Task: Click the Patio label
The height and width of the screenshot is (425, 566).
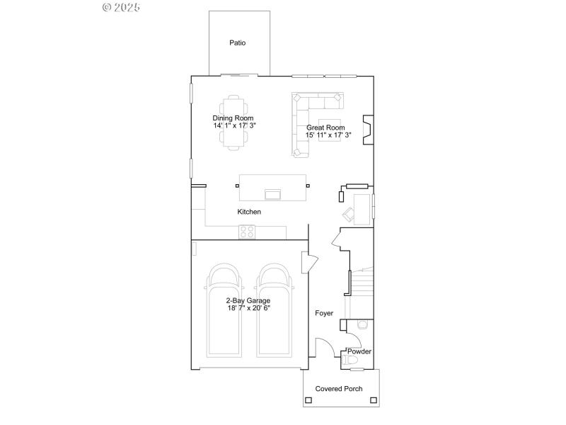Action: (238, 43)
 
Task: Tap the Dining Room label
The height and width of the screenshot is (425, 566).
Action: (233, 118)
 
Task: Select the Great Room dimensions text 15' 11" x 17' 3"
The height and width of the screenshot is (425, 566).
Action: (329, 135)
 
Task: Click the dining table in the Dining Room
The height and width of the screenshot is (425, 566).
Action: (234, 123)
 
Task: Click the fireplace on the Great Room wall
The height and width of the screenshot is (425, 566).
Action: (367, 129)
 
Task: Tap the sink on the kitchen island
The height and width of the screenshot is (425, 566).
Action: (272, 193)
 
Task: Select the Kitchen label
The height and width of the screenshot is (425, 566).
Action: (249, 212)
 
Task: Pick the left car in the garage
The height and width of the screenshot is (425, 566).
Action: (225, 312)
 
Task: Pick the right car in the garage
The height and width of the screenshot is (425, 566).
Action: (275, 312)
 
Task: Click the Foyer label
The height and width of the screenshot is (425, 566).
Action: (324, 313)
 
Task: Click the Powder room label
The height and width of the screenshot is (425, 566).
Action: (359, 351)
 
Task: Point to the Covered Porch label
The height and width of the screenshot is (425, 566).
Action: (339, 389)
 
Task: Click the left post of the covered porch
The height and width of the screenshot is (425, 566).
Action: (308, 401)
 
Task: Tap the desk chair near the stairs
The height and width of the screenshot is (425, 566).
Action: (350, 212)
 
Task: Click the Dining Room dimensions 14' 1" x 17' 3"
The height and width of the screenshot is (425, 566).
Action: (234, 125)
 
